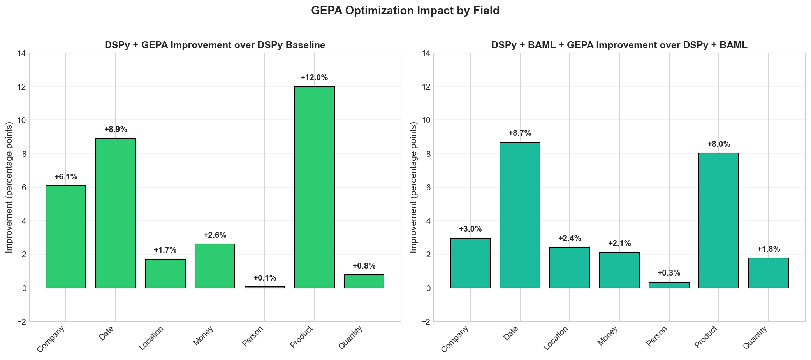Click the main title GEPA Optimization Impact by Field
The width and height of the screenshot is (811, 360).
click(x=405, y=11)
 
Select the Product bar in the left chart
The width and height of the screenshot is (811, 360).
click(x=314, y=187)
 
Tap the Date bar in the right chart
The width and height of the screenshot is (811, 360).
click(x=520, y=215)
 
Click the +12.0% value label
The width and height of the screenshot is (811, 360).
click(x=314, y=77)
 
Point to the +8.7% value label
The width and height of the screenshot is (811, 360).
click(x=520, y=133)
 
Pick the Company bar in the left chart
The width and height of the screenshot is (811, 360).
click(x=66, y=237)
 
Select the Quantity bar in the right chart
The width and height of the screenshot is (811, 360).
click(x=768, y=273)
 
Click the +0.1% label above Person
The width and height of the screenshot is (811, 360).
click(x=265, y=278)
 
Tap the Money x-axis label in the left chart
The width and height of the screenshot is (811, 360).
click(x=203, y=337)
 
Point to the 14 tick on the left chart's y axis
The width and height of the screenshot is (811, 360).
click(x=21, y=53)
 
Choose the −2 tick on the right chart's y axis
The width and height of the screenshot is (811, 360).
click(x=426, y=321)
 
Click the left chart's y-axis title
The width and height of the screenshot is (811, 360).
click(x=9, y=187)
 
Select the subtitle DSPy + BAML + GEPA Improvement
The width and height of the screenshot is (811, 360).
click(x=619, y=45)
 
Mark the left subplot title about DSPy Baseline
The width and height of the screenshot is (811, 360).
click(x=215, y=45)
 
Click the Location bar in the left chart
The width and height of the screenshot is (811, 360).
click(x=165, y=274)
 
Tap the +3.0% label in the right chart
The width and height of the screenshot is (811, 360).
click(x=470, y=229)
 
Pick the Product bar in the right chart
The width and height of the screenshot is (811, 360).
click(x=718, y=220)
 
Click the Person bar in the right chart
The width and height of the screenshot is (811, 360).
click(x=669, y=285)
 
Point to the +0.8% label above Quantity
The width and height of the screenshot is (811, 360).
click(x=364, y=266)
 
